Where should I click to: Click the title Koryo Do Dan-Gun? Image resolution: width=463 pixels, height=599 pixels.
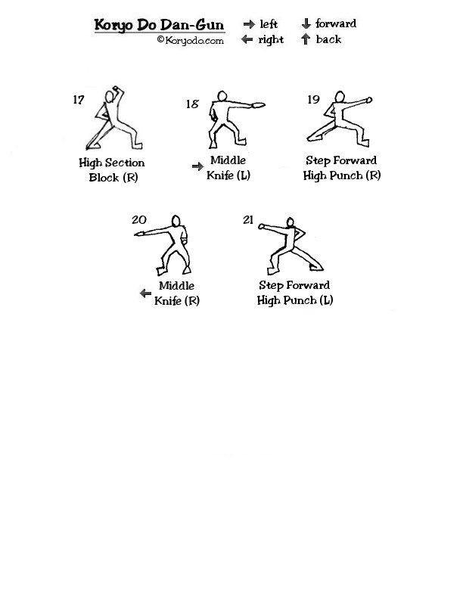coord(160,25)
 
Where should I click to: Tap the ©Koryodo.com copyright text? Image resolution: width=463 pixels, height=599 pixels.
coord(190,40)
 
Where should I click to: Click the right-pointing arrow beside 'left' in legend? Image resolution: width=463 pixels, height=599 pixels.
coord(249,24)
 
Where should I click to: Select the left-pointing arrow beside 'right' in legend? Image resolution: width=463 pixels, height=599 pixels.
coord(247,39)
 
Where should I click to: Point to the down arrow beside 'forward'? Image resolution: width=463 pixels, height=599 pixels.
coord(306,23)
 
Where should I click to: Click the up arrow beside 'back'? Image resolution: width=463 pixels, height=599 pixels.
coord(305,39)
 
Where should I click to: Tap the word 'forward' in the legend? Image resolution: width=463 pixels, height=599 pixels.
coord(336,23)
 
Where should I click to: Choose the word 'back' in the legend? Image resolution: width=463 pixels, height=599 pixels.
coord(328,39)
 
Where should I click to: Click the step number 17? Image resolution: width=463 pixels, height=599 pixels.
coord(79,100)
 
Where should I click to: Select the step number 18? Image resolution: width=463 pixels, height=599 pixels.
coord(192,104)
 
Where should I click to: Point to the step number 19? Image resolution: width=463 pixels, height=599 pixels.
coord(313,99)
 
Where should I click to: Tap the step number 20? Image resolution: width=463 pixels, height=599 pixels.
coord(139,219)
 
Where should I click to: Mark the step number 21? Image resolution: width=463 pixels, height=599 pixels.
coord(248,219)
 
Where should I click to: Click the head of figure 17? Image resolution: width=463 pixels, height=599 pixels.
coord(110,97)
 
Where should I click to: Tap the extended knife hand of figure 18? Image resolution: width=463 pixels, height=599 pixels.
coord(258,105)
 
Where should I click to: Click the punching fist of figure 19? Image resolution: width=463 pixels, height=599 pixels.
coord(369,100)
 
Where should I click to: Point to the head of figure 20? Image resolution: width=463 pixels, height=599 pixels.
coord(176,221)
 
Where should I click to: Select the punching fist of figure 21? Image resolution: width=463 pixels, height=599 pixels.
coord(262,227)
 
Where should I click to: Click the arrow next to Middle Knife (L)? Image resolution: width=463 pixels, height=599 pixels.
coord(198,166)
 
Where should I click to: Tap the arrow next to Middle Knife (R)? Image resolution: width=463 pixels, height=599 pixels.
coord(145,293)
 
